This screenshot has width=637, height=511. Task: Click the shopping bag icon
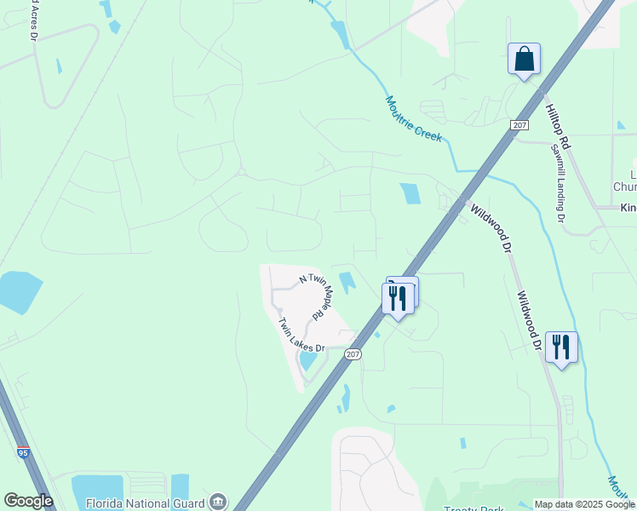pyautogui.click(x=524, y=60)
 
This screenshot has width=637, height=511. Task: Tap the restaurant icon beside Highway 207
pyautogui.click(x=398, y=298)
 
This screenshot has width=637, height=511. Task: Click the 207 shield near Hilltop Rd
pyautogui.click(x=520, y=125)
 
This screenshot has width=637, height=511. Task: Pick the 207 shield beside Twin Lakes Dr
pyautogui.click(x=353, y=354)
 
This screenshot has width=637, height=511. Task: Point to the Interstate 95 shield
pyautogui.click(x=23, y=453)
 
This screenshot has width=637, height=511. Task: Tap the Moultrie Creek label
pyautogui.click(x=414, y=118)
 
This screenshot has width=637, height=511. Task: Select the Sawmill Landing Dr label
pyautogui.click(x=558, y=182)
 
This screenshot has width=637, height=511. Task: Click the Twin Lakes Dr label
pyautogui.click(x=301, y=336)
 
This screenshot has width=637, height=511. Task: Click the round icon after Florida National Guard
pyautogui.click(x=219, y=500)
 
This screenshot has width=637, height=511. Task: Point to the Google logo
pyautogui.click(x=28, y=501)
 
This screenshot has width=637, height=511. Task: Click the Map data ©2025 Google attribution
pyautogui.click(x=584, y=504)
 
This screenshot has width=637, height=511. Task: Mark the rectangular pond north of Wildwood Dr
pyautogui.click(x=410, y=193)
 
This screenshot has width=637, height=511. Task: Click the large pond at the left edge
pyautogui.click(x=19, y=292)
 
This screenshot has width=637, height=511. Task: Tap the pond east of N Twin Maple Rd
pyautogui.click(x=348, y=281)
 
